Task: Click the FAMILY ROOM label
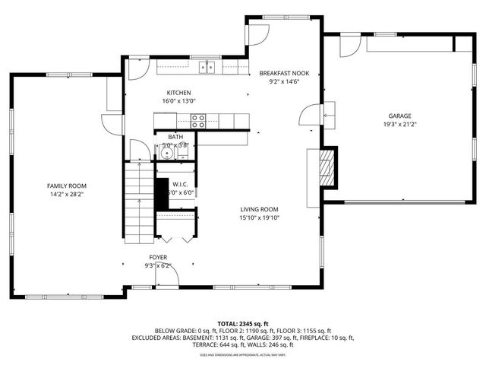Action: click(67, 186)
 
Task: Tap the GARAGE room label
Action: click(396, 116)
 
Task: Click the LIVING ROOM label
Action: click(260, 209)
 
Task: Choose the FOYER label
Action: click(158, 258)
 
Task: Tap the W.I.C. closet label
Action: click(181, 184)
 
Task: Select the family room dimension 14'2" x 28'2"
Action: click(67, 194)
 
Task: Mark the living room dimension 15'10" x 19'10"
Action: click(260, 217)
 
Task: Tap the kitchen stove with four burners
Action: click(198, 119)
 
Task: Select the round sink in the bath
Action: click(166, 154)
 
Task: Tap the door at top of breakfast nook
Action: click(258, 33)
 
